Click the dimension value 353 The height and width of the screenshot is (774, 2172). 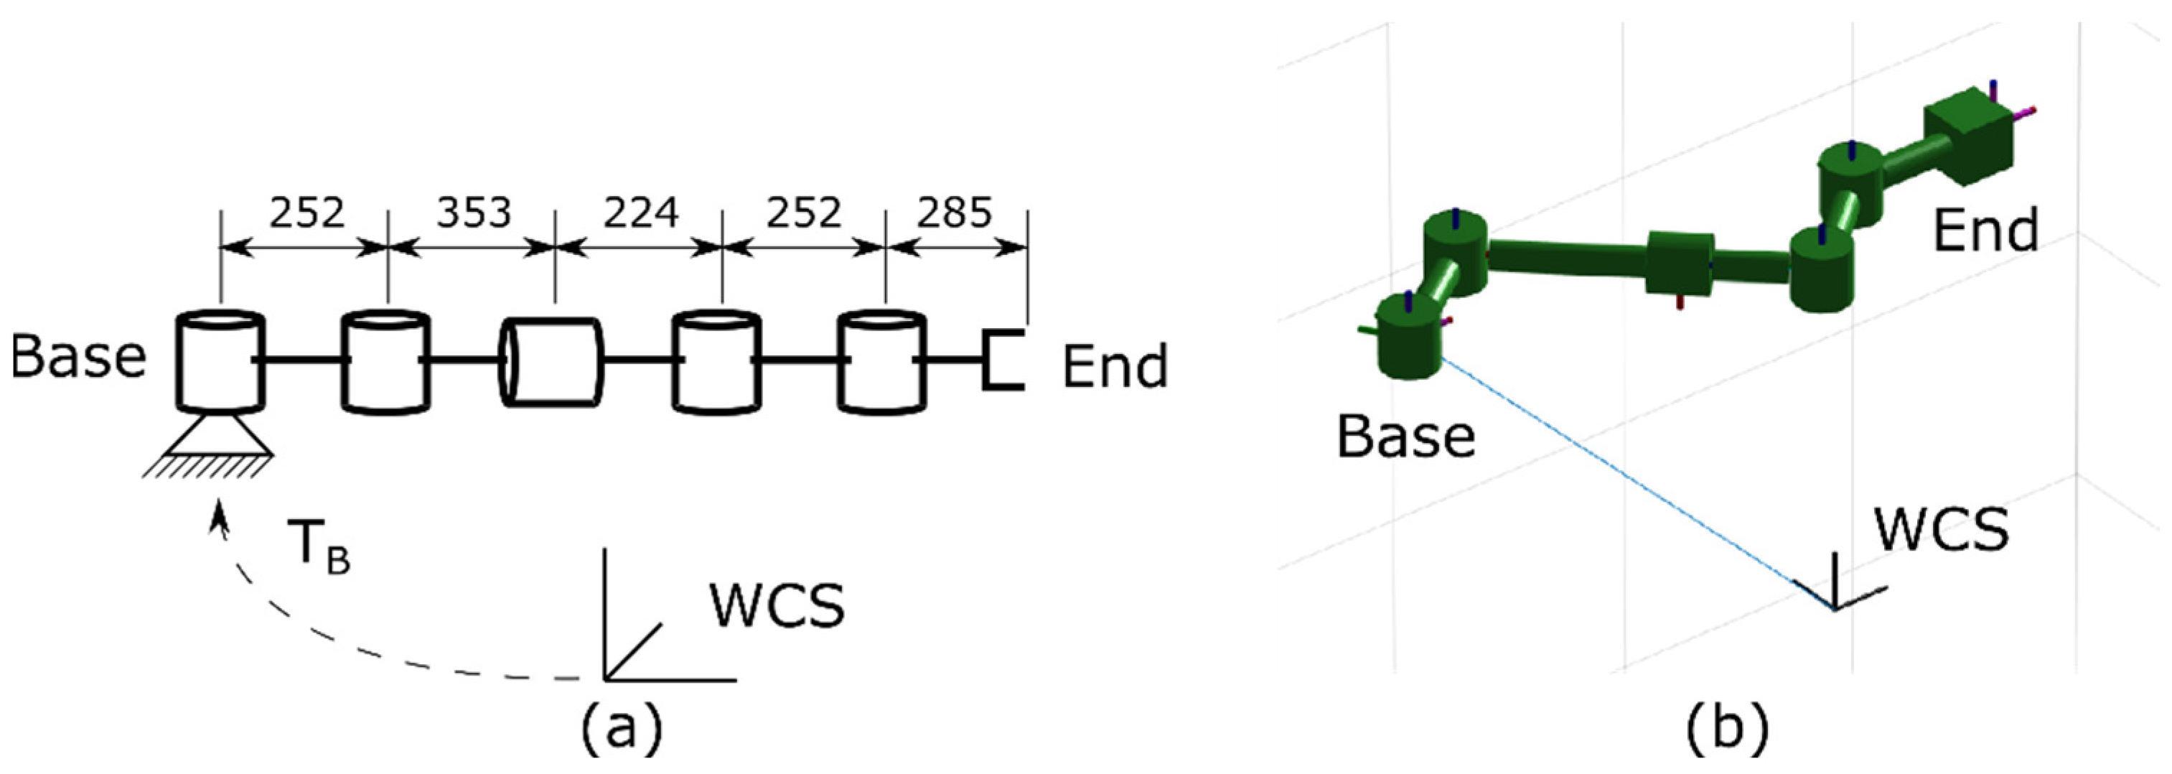click(x=474, y=213)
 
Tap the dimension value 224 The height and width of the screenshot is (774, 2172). click(x=640, y=213)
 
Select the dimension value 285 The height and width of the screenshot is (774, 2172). click(x=954, y=213)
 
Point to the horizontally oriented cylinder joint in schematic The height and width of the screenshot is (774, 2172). click(x=552, y=363)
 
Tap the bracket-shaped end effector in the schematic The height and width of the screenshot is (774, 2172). click(x=1003, y=360)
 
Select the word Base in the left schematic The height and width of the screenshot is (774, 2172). click(x=78, y=357)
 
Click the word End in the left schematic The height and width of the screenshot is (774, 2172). click(x=1115, y=366)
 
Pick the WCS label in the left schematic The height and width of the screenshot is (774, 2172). click(x=777, y=605)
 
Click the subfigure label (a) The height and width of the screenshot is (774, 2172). click(x=622, y=727)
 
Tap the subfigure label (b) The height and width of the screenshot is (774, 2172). click(x=1727, y=727)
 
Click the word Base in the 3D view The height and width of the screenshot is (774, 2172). click(x=1405, y=437)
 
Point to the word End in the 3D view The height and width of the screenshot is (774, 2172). click(x=1985, y=230)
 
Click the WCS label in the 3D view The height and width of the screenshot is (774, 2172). click(x=1941, y=529)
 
